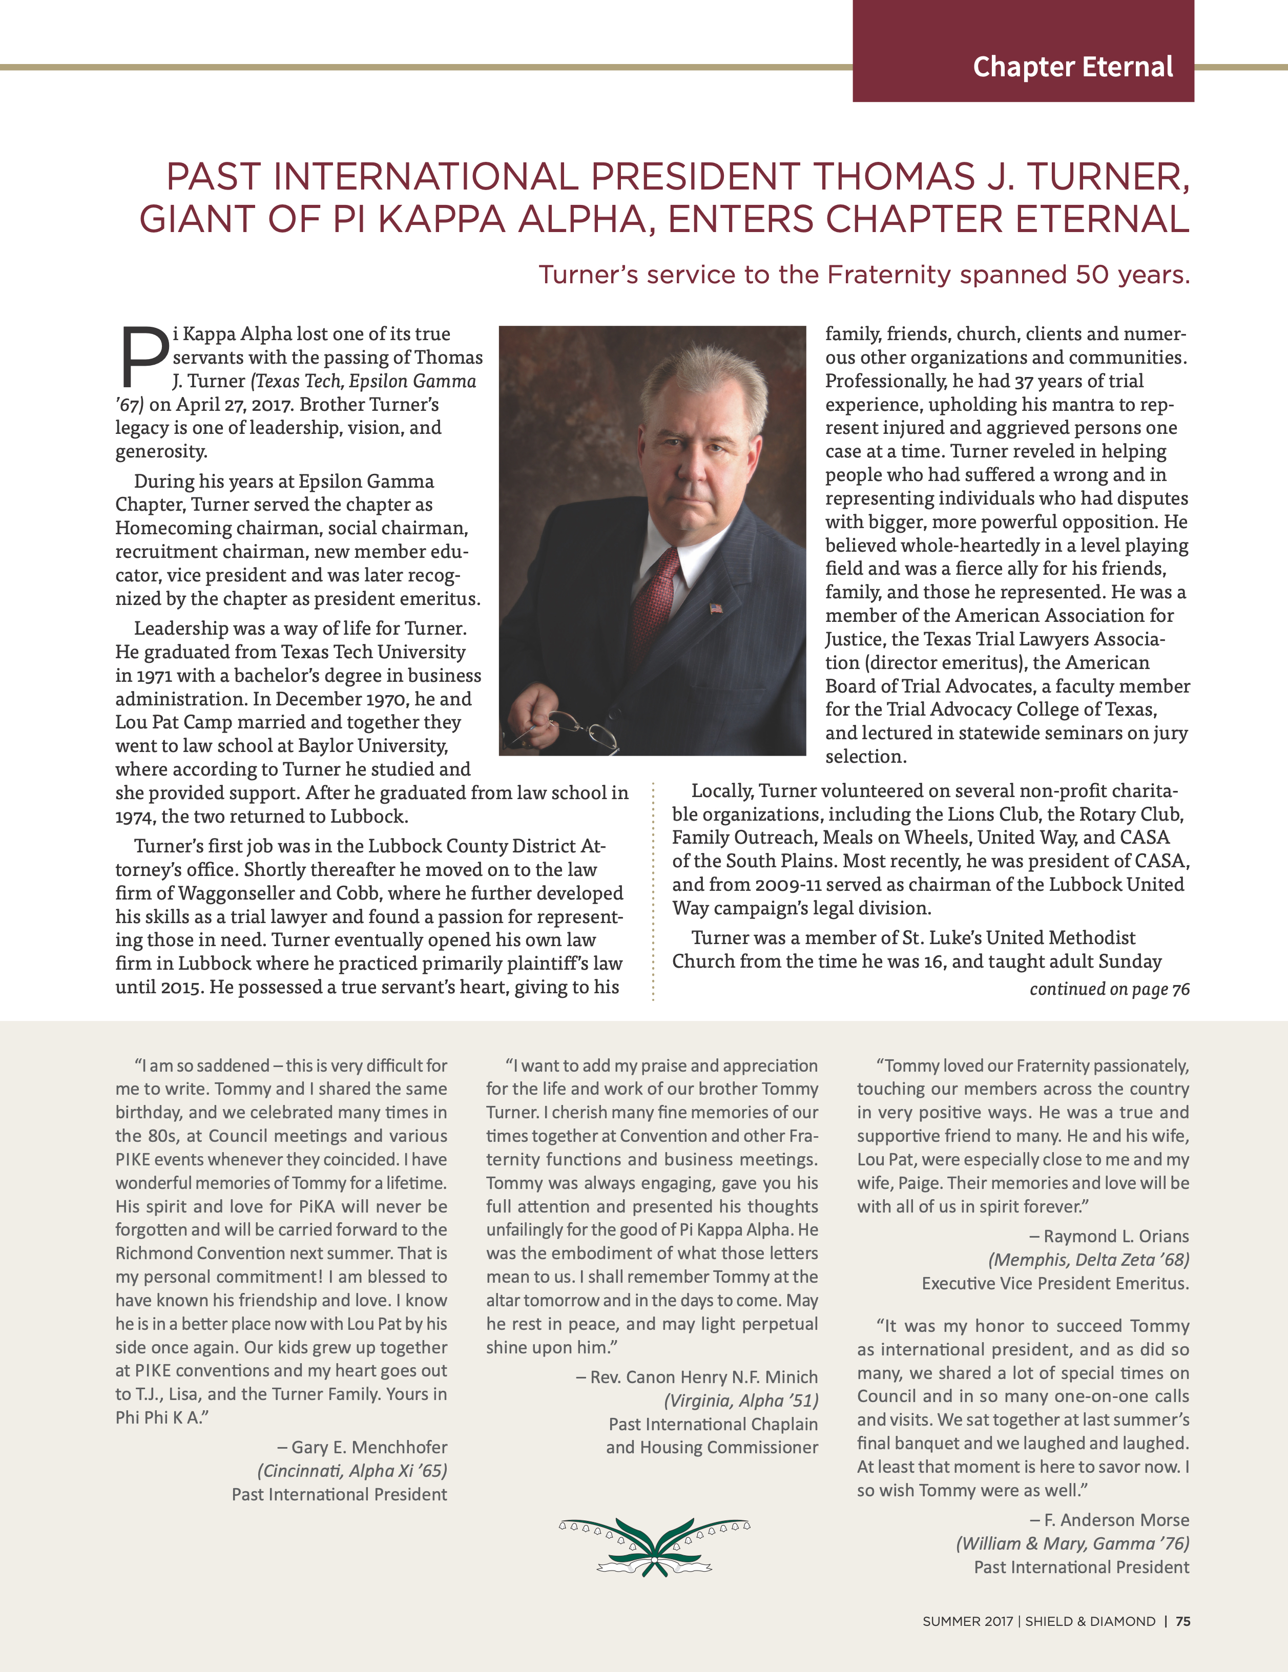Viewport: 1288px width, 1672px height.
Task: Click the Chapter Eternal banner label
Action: coord(1072,68)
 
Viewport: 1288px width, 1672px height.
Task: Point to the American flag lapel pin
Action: coord(716,609)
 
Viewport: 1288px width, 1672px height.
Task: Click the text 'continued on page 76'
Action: coord(1109,989)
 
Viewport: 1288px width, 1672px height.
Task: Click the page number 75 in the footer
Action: coord(1182,1621)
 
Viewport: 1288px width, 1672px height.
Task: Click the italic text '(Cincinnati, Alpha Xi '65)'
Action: coord(352,1471)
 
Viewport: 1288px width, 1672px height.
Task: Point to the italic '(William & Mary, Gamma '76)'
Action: coord(1072,1543)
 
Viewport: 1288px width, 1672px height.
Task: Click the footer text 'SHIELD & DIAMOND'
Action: coord(1090,1621)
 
